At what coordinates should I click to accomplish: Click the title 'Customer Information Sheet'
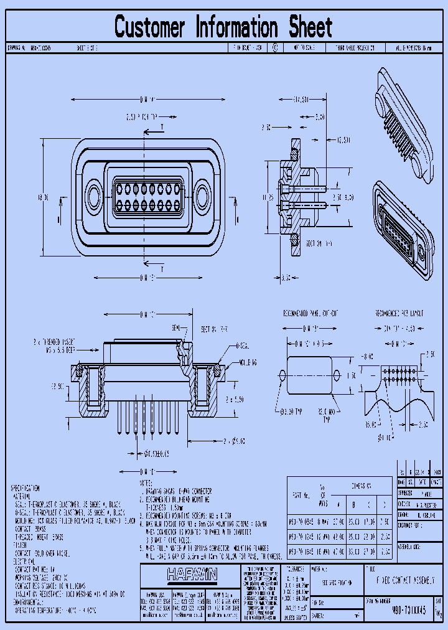pos(223,27)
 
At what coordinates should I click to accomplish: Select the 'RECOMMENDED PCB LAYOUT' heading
pos(399,314)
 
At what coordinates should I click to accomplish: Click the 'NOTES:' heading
pos(147,482)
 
